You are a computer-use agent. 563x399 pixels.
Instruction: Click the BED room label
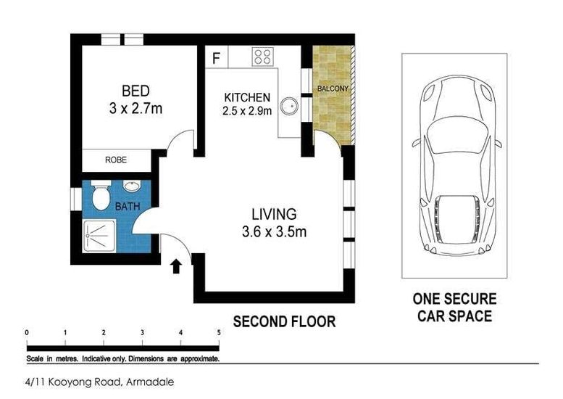tap(135, 91)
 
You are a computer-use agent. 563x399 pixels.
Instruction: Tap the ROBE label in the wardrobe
tap(116, 160)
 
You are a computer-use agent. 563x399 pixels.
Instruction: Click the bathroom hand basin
tap(132, 186)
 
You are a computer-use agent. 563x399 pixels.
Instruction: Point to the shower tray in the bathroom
tap(99, 236)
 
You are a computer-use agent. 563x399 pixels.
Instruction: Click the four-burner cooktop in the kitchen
tap(263, 57)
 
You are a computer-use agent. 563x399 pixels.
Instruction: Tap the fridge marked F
tap(216, 57)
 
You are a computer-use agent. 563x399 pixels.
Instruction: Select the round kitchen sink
tap(289, 107)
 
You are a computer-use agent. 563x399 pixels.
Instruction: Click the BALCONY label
tap(333, 88)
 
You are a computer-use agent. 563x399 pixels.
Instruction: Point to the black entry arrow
tap(176, 266)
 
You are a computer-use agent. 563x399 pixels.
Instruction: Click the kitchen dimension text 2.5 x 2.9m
tap(247, 111)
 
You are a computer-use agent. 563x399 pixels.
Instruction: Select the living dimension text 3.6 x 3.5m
tap(275, 231)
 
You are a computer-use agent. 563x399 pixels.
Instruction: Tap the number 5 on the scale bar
tap(219, 332)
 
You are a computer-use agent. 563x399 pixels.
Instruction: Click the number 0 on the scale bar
tap(27, 332)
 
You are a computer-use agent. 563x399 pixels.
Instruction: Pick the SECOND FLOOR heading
tap(284, 321)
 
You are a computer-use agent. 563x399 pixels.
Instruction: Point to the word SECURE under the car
tap(470, 299)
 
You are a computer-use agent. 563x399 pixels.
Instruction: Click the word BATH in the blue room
tap(128, 207)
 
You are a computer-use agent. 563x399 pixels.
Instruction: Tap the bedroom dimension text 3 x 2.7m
tap(135, 108)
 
